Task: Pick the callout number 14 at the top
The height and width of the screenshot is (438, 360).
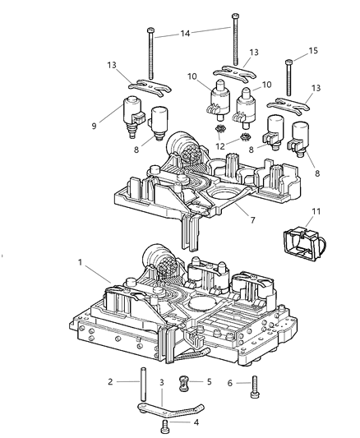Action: pos(186,34)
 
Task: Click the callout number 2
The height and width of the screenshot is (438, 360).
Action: pos(108,381)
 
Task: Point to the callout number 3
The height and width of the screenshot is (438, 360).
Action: pos(162,382)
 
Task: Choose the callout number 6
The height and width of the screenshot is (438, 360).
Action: pos(232,381)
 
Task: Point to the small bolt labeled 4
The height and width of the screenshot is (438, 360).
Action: pos(168,426)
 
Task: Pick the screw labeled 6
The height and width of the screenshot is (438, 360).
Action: pos(256,383)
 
